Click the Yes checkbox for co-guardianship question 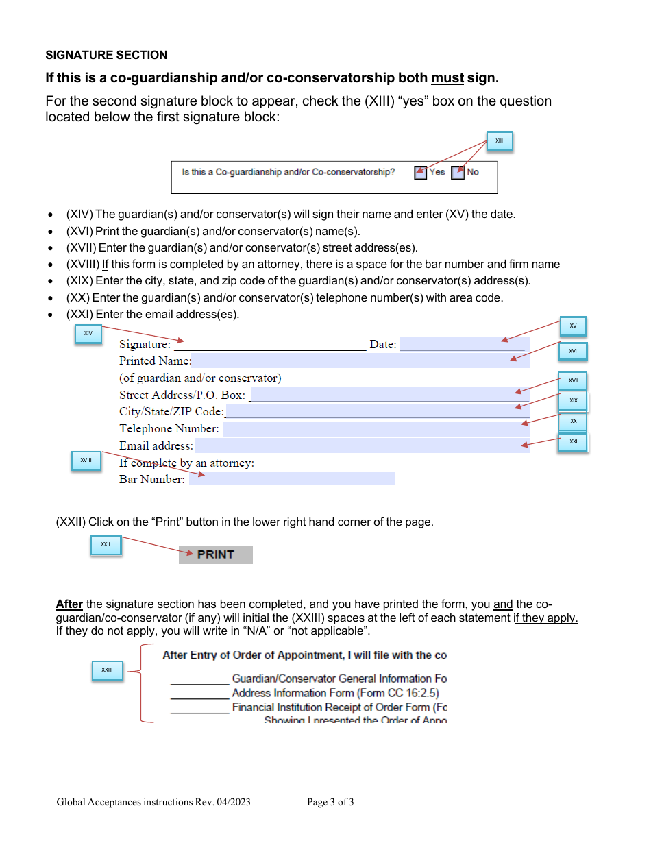click(x=421, y=173)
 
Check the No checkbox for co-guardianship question click(x=458, y=173)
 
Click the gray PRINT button click(x=216, y=554)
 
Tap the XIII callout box click(x=499, y=141)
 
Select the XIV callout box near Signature click(x=88, y=334)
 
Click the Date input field click(x=464, y=344)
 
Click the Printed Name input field click(x=360, y=361)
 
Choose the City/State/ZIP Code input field click(x=376, y=411)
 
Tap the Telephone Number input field click(x=376, y=428)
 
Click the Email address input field click(x=361, y=445)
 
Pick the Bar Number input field click(x=291, y=478)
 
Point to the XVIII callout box click(x=86, y=461)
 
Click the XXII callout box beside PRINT click(x=106, y=545)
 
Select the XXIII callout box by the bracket click(x=107, y=670)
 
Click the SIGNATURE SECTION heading click(x=106, y=55)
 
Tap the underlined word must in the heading click(x=447, y=78)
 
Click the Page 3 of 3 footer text click(x=330, y=802)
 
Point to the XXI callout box click(x=573, y=442)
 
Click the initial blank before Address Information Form click(x=199, y=694)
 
